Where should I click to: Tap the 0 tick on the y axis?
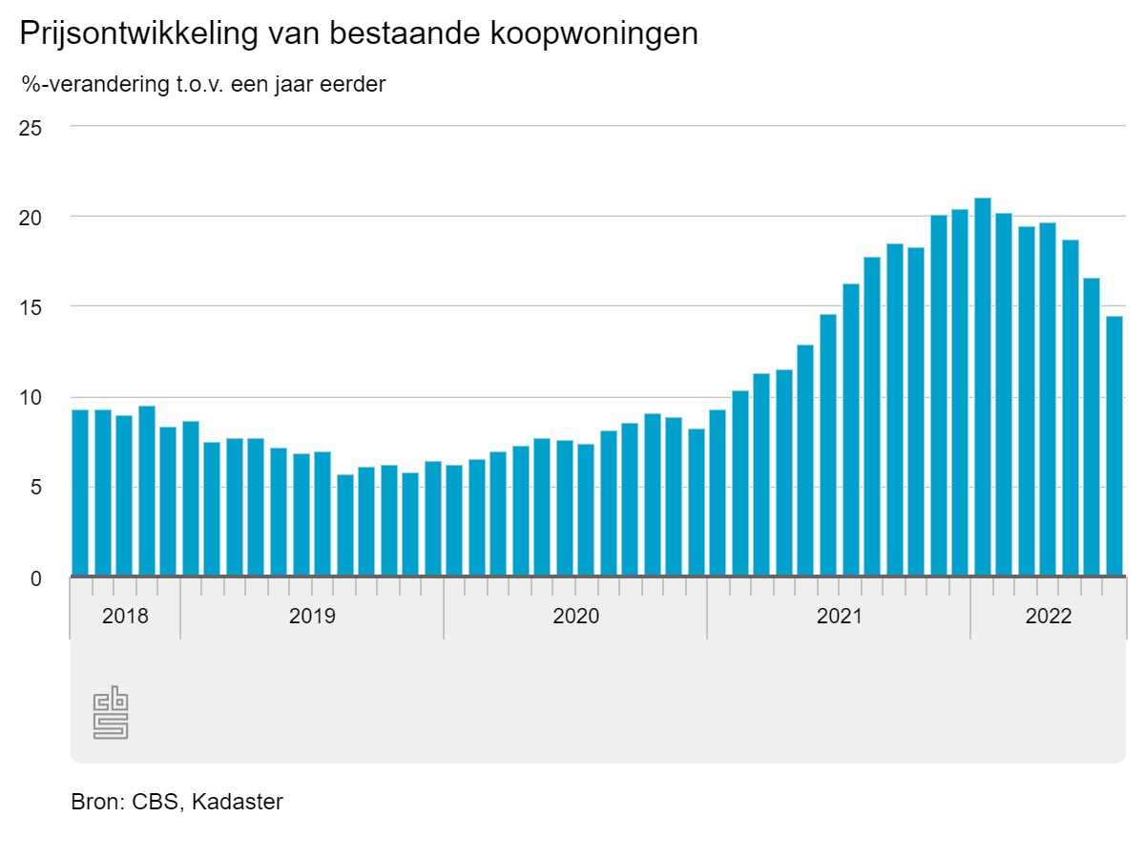35,578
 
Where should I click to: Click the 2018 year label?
125,617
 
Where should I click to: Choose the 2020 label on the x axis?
575,617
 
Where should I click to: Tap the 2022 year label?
1049,617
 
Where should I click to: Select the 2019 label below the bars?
312,617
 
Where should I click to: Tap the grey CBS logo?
111,712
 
